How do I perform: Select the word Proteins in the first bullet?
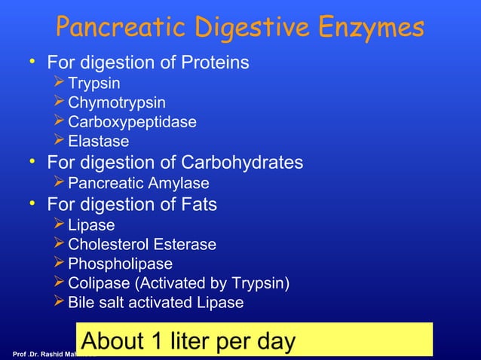(214, 63)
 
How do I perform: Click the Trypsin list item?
(93, 83)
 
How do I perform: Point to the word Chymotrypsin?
(116, 102)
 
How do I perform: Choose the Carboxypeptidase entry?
(132, 122)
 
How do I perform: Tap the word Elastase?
(98, 142)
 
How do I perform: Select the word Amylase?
(181, 184)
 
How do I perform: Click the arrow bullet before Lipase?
(60, 224)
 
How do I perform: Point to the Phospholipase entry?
(120, 264)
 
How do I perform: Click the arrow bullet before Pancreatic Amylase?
(60, 184)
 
